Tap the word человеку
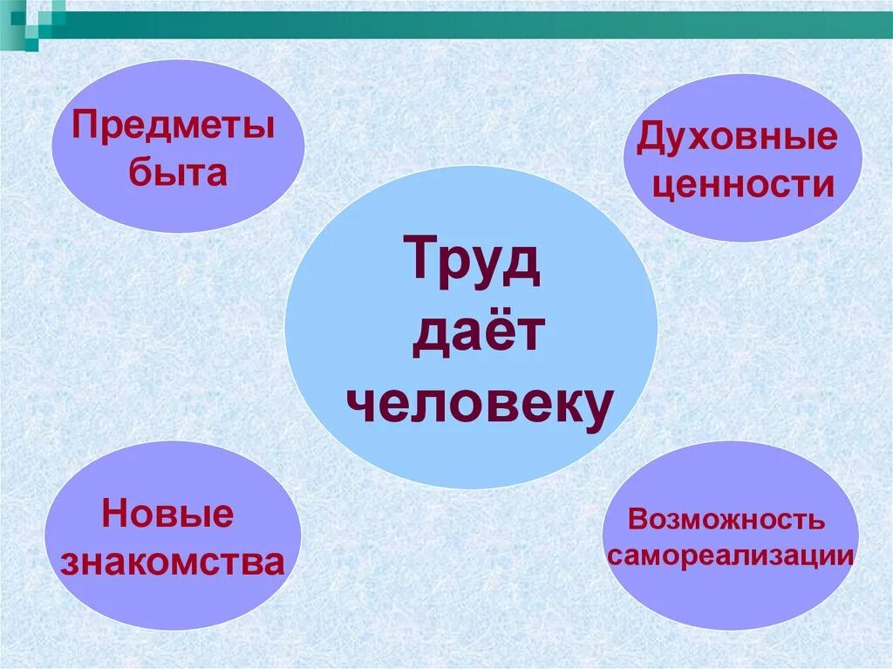coord(477,402)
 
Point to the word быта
coord(178,173)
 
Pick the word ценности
coord(743,185)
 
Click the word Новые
coord(168,514)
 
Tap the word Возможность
coord(726,521)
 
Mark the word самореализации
coord(729,556)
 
